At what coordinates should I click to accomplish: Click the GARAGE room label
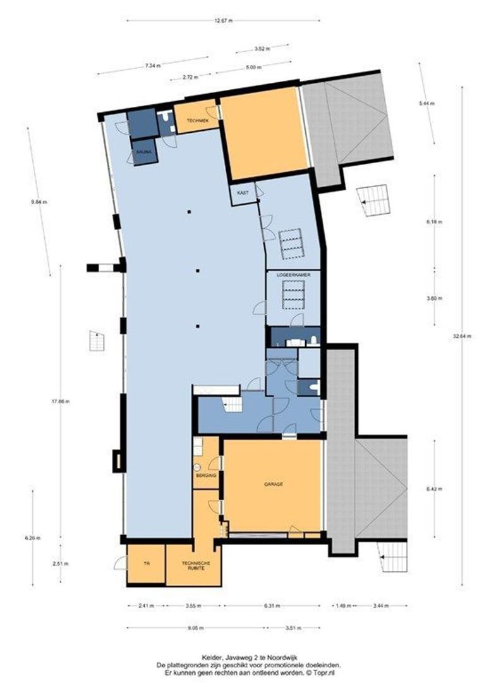click(272, 484)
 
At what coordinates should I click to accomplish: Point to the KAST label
click(242, 192)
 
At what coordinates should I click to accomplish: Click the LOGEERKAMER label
click(293, 276)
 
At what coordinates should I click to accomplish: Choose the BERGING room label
click(207, 474)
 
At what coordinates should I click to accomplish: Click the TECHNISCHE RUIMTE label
click(194, 566)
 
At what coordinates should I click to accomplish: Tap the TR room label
click(145, 563)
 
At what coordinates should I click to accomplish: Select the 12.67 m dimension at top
click(223, 21)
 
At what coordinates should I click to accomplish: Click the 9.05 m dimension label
click(195, 628)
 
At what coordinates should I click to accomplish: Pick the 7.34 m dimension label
click(152, 65)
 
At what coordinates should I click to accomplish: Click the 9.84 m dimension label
click(39, 202)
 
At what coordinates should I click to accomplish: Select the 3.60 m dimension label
click(434, 298)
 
